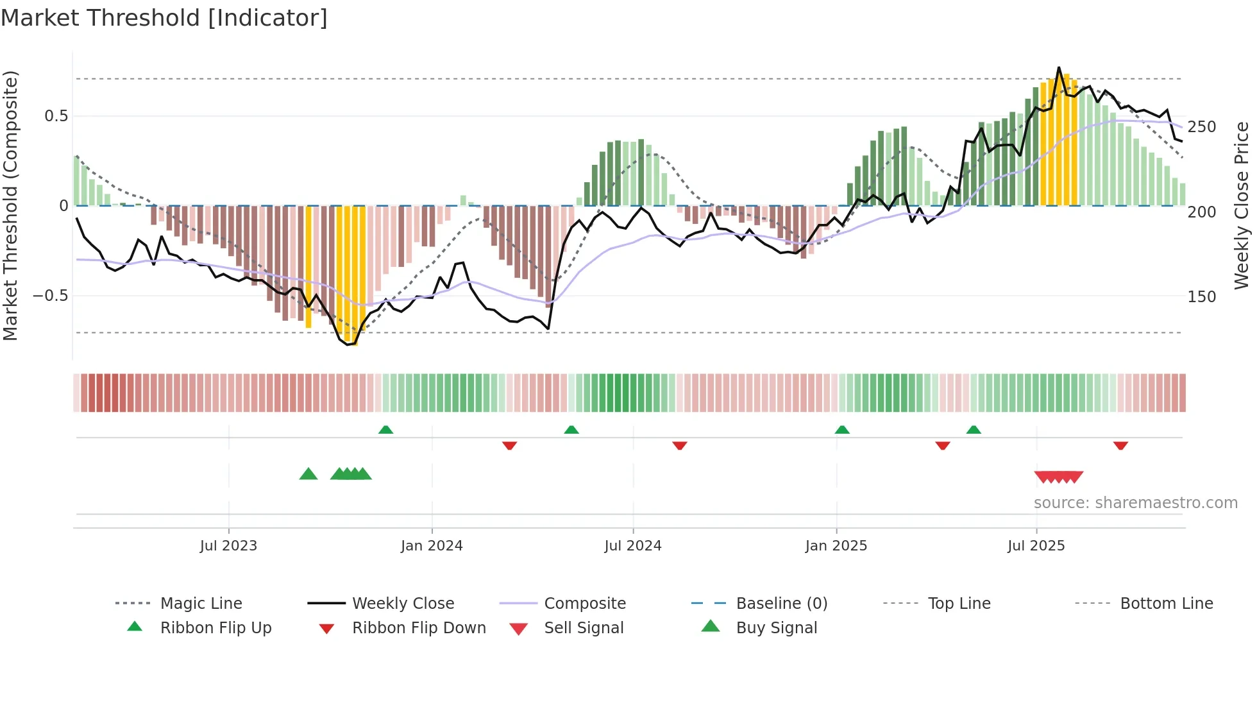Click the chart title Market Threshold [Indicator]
click(x=164, y=18)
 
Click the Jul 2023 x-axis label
click(x=228, y=545)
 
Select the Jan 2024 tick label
click(x=432, y=545)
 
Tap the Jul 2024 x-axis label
click(x=633, y=545)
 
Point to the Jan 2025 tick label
click(x=836, y=545)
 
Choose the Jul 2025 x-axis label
click(x=1036, y=545)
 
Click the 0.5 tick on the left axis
click(x=56, y=116)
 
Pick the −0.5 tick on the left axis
click(x=51, y=296)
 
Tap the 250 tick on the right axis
click(x=1201, y=127)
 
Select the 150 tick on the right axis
click(x=1201, y=297)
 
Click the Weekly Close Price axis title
click(x=1242, y=205)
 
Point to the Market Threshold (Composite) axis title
click(x=10, y=205)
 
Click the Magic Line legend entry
click(x=201, y=603)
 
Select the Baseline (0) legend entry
click(x=781, y=603)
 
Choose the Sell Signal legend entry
click(x=584, y=627)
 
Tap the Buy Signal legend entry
click(x=776, y=627)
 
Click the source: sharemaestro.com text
click(x=1136, y=503)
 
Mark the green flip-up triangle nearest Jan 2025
click(x=842, y=430)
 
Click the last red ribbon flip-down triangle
click(x=1120, y=445)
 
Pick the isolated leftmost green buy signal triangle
click(x=308, y=474)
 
